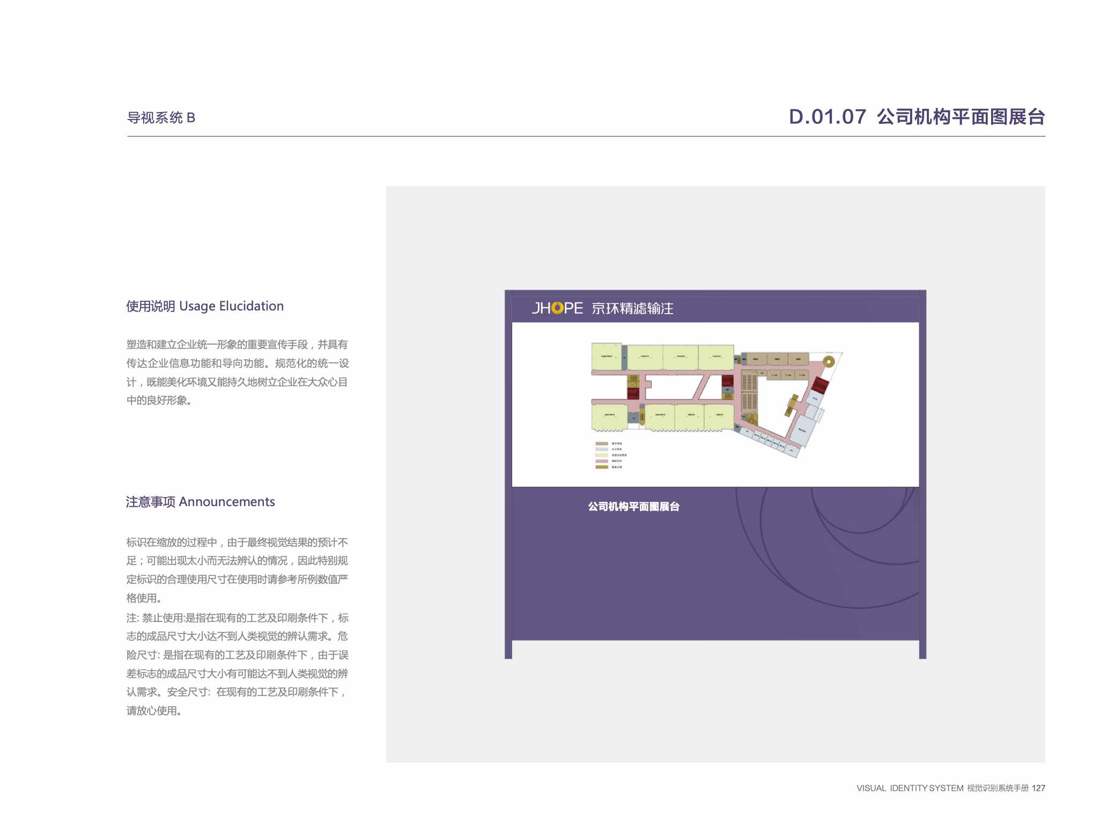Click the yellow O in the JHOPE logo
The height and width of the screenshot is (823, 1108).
[x=557, y=308]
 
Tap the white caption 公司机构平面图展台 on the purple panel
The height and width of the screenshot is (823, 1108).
[x=633, y=507]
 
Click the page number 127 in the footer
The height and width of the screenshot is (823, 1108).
[x=1038, y=788]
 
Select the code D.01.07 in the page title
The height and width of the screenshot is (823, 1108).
[x=827, y=117]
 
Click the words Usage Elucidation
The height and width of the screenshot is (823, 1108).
[x=231, y=306]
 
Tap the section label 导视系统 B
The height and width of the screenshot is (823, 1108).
[x=161, y=118]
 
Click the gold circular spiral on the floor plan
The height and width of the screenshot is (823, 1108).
[x=829, y=361]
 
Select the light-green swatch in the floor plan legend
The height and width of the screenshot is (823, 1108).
[x=602, y=455]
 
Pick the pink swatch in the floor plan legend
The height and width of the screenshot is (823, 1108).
[x=602, y=461]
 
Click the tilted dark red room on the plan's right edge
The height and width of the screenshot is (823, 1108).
[x=820, y=384]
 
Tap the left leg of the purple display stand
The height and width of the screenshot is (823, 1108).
[x=508, y=649]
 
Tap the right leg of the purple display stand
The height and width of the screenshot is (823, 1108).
[x=922, y=649]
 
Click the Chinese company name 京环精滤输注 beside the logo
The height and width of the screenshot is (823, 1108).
[x=632, y=308]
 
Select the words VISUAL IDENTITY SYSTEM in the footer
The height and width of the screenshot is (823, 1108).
[x=910, y=788]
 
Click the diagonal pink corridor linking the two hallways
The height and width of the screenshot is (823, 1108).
[x=701, y=387]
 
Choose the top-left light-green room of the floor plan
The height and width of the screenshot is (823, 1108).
[x=606, y=357]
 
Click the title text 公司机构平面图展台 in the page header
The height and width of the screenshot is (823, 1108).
[x=961, y=117]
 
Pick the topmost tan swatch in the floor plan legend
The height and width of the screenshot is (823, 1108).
[x=602, y=444]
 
